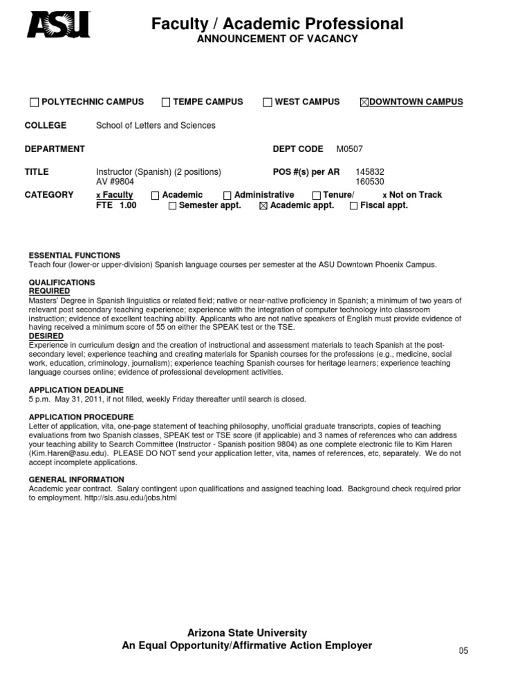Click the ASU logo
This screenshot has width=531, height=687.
pyautogui.click(x=58, y=26)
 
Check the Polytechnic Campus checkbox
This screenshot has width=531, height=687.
pyautogui.click(x=34, y=102)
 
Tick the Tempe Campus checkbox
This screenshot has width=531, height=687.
pyautogui.click(x=166, y=102)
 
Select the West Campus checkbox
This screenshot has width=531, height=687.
pyautogui.click(x=268, y=102)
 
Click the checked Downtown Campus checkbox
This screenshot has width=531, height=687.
pyautogui.click(x=364, y=102)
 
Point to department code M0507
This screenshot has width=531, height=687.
pyautogui.click(x=349, y=149)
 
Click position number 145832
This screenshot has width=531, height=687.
pyautogui.click(x=370, y=171)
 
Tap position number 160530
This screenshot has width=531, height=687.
pyautogui.click(x=370, y=181)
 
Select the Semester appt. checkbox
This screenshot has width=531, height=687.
pyautogui.click(x=172, y=206)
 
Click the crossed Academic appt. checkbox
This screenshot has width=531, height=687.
pyautogui.click(x=263, y=206)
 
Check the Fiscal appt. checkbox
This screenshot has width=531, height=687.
pyautogui.click(x=354, y=206)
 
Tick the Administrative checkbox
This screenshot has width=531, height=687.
pyautogui.click(x=227, y=196)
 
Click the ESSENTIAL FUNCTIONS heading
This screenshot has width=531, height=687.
pyautogui.click(x=74, y=255)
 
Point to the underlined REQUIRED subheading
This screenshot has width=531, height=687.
pyautogui.click(x=48, y=292)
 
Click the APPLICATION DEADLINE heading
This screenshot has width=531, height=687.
pyautogui.click(x=76, y=390)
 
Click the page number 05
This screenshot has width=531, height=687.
pyautogui.click(x=463, y=651)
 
